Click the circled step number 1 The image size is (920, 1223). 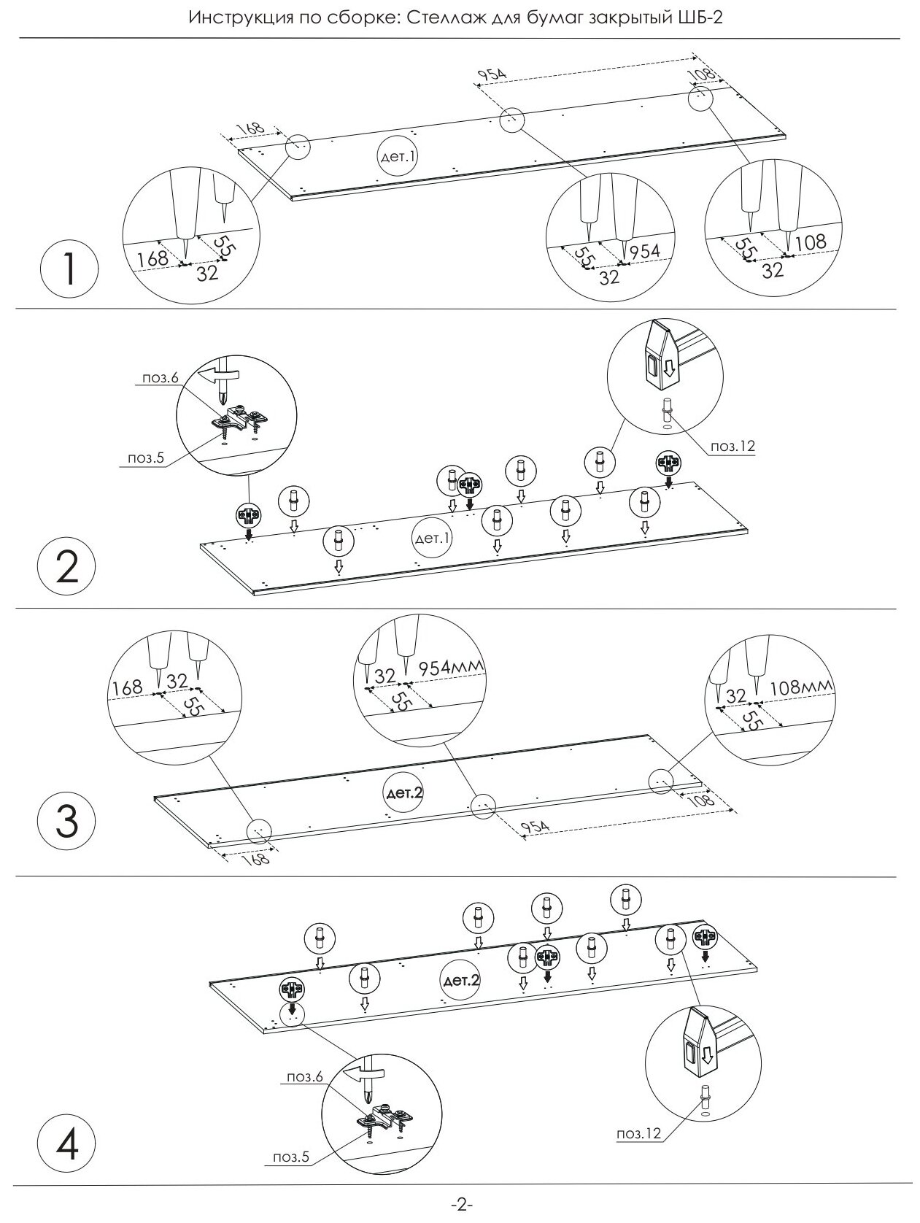pos(69,269)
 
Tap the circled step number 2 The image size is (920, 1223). pos(66,567)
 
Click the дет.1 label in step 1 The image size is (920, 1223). pos(398,158)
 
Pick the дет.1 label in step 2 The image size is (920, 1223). pos(433,539)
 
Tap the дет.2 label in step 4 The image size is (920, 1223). pos(461,981)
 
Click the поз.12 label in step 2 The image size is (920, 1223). pos(730,447)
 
